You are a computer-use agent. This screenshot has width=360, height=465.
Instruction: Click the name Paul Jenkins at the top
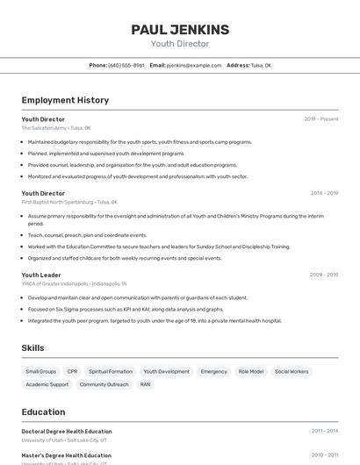point(180,30)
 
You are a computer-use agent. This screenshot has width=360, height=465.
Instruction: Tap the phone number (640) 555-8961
point(126,65)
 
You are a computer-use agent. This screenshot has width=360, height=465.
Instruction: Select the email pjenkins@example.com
point(194,65)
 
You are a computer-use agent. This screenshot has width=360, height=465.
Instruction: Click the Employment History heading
point(65,101)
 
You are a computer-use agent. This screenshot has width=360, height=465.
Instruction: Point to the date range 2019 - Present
point(320,119)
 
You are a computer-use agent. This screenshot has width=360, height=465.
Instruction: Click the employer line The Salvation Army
point(56,128)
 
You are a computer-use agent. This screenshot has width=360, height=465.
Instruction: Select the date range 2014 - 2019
point(324,193)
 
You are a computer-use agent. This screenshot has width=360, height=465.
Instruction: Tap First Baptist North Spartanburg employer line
point(69,202)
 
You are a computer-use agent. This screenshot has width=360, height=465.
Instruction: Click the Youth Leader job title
point(41,275)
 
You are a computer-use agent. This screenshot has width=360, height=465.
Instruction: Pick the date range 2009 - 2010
point(324,275)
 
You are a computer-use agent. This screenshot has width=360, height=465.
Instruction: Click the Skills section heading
point(32,348)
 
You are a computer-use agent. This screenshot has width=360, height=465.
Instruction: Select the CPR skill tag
point(73,371)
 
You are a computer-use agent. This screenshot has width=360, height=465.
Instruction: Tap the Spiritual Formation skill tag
point(111,371)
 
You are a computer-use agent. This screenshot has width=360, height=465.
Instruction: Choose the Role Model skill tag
point(251,371)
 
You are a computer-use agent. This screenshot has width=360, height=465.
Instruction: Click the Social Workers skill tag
point(292,371)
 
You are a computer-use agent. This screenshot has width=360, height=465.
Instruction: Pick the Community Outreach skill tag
point(104,384)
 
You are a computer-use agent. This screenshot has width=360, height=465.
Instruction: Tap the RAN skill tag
point(146,384)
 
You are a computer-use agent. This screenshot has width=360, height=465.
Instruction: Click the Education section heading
point(43,412)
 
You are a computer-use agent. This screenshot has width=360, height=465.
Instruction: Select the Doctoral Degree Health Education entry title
point(67,432)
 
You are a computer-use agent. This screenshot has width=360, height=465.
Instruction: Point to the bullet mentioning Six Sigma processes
point(126,309)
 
